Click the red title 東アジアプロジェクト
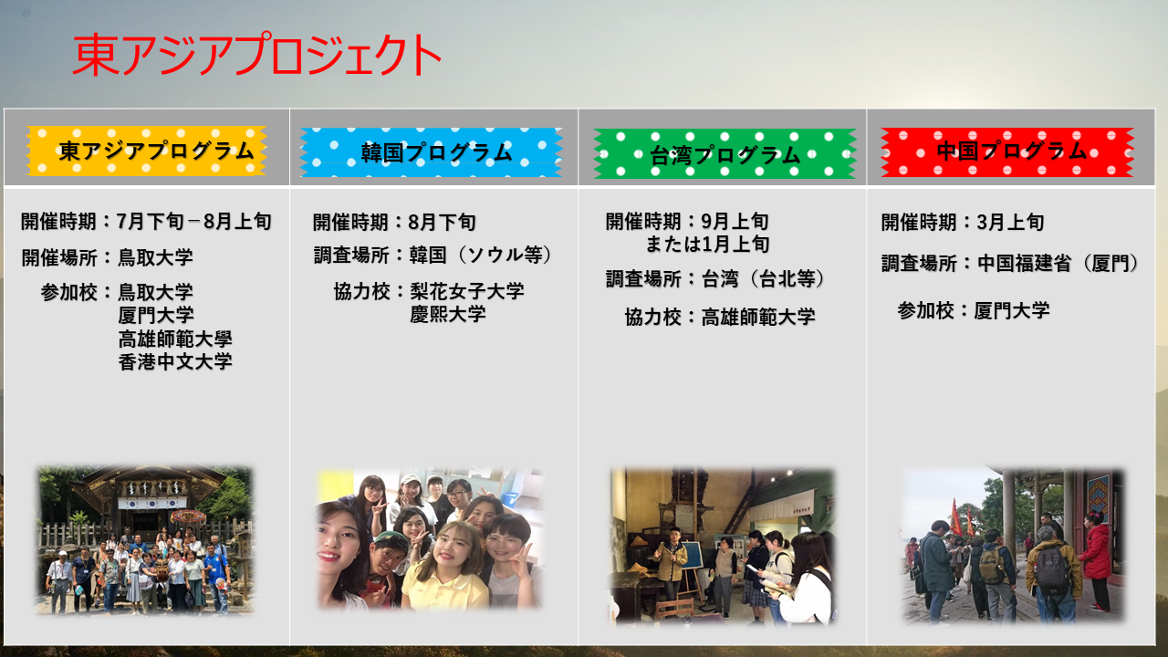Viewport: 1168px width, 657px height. click(256, 54)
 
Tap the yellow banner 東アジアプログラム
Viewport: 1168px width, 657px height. click(147, 151)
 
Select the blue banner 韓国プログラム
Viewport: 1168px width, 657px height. click(432, 152)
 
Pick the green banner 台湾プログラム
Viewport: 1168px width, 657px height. click(725, 154)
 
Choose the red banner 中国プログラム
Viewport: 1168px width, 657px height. click(1007, 151)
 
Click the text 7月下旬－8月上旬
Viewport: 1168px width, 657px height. click(194, 222)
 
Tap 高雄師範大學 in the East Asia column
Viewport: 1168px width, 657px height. click(175, 339)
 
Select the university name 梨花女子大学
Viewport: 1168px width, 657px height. click(466, 291)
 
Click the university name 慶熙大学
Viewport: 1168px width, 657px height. click(448, 314)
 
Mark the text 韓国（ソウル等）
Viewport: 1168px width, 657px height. click(480, 255)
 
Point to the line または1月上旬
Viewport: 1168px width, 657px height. click(707, 244)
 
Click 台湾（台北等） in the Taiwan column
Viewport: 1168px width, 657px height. click(764, 279)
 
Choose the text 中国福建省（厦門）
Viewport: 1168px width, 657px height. click(1058, 264)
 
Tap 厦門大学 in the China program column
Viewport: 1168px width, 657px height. click(1012, 311)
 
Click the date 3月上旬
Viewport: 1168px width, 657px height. click(1010, 222)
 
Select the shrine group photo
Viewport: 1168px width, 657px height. click(145, 540)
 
